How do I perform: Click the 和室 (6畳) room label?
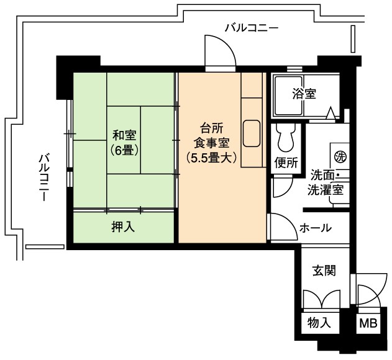coord(124,143)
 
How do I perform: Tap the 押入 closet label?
coord(123,227)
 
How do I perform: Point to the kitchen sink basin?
coord(252,133)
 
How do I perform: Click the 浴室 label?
coord(304,94)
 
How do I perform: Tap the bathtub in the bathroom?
coord(289,96)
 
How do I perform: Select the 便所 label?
coord(286,163)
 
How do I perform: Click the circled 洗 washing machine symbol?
coord(340,157)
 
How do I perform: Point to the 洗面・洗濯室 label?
coord(326,182)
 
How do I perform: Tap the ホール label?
coord(315,228)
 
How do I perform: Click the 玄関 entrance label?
coord(324,271)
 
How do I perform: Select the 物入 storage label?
coord(319,322)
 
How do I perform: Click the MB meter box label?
coord(368,323)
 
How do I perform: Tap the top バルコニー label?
coord(252,27)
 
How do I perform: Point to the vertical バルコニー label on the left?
coord(43,178)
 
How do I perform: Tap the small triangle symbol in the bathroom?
coord(331,113)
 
